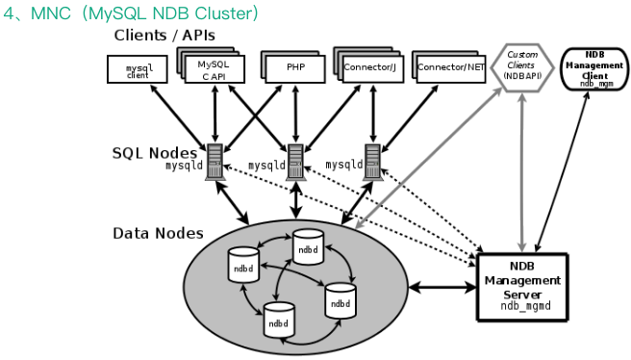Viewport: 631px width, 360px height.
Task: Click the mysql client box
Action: [x=138, y=69]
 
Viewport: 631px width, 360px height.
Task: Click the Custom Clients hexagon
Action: [x=522, y=67]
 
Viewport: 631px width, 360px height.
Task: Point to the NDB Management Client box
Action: [x=594, y=68]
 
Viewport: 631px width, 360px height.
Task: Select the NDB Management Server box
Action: [x=522, y=287]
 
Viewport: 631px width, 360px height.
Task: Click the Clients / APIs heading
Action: [x=164, y=36]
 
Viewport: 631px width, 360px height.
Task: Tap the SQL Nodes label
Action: [x=155, y=153]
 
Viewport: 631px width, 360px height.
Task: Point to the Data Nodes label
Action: [x=158, y=234]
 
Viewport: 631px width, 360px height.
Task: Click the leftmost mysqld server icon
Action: [x=215, y=162]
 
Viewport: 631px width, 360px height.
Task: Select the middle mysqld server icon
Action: [x=296, y=162]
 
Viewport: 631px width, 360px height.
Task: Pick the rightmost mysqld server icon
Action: [x=372, y=162]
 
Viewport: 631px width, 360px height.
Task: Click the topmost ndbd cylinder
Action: [x=308, y=246]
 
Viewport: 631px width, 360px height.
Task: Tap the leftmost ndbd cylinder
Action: [x=243, y=265]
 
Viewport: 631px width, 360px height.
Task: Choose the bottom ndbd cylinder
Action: [x=279, y=321]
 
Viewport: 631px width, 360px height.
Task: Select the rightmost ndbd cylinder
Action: [x=341, y=300]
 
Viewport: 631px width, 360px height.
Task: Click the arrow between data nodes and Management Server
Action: [x=442, y=288]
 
